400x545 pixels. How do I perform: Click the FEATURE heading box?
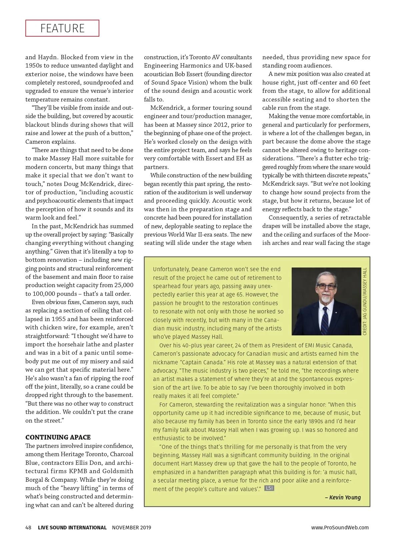click(x=62, y=28)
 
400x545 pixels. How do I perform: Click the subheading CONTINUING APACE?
click(x=58, y=437)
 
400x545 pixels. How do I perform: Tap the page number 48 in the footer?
click(x=28, y=527)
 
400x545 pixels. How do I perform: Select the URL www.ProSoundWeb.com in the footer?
click(x=340, y=527)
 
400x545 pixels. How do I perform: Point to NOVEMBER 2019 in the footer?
click(x=131, y=527)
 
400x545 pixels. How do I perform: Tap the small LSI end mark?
click(x=269, y=488)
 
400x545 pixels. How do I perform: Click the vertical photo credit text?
click(x=365, y=301)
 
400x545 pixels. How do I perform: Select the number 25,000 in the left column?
click(x=124, y=285)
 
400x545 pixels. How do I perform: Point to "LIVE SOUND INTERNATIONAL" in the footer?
click(x=72, y=527)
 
